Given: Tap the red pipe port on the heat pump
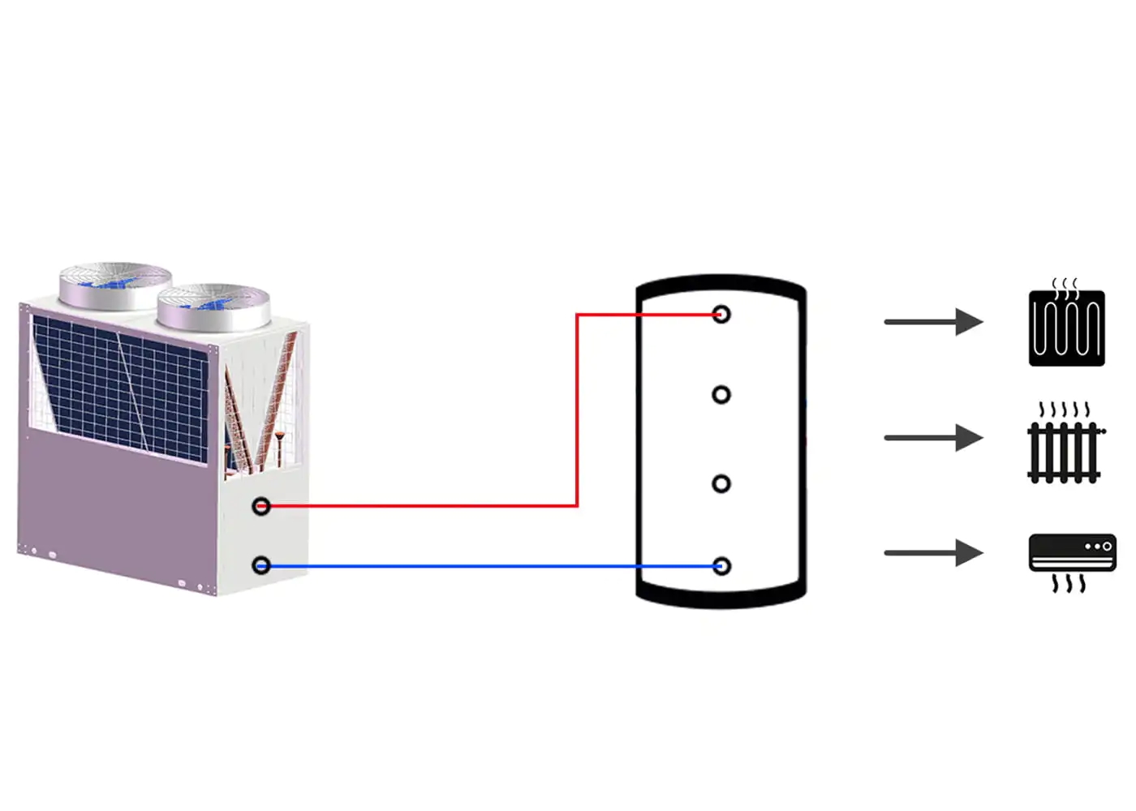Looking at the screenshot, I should point(261,506).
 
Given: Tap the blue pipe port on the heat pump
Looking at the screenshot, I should point(261,565).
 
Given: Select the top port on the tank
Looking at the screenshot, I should point(721,315).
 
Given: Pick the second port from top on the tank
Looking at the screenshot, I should point(721,395).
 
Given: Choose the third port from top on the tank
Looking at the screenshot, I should point(721,484).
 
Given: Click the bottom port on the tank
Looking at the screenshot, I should point(721,566).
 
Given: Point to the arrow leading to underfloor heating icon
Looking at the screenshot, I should point(933,322).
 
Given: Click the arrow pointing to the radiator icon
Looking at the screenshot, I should point(933,438).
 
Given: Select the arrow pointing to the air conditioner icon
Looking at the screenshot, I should point(933,553).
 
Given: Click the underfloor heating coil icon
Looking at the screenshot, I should point(1066,327).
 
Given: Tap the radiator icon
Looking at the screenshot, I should point(1065,452).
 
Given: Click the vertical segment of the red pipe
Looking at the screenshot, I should point(577,410).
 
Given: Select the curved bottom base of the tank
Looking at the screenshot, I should point(721,597).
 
